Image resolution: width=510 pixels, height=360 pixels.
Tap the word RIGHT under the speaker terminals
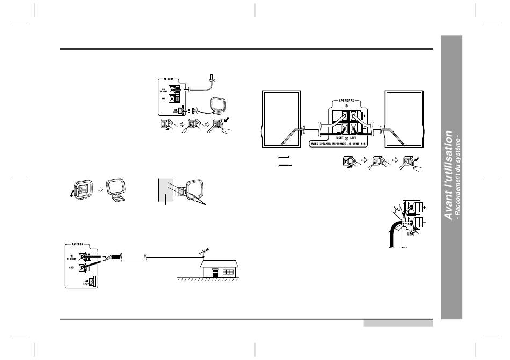(337, 138)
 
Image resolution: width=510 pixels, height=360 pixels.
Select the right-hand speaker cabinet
(403, 119)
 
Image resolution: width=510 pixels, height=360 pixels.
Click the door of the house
(215, 273)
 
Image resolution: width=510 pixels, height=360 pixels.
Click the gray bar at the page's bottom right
(398, 323)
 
